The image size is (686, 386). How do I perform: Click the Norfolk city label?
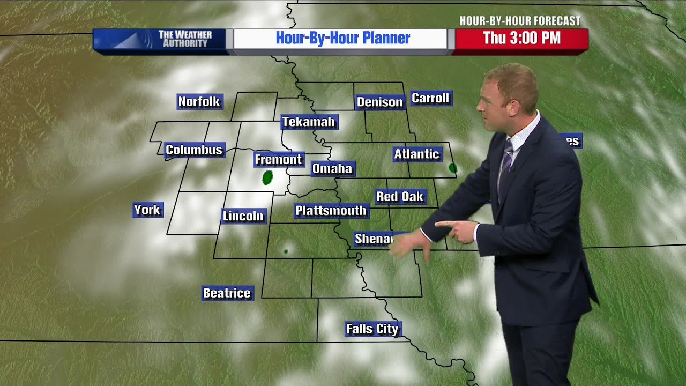click(x=199, y=101)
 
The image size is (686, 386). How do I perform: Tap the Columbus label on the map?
click(x=194, y=150)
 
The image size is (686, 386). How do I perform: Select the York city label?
click(x=147, y=210)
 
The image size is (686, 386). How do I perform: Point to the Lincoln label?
click(x=243, y=216)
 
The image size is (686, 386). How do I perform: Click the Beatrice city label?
click(x=227, y=293)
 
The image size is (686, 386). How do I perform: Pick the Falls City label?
click(x=372, y=329)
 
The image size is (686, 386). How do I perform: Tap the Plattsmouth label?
click(x=331, y=211)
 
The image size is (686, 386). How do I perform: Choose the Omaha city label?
click(x=332, y=169)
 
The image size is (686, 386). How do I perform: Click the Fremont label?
click(x=278, y=159)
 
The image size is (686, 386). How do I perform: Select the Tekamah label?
click(x=309, y=122)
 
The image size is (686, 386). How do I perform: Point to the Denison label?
click(x=379, y=102)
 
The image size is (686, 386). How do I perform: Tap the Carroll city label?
click(x=430, y=98)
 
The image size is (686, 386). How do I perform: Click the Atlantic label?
click(x=416, y=154)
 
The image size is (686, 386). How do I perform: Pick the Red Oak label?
click(x=400, y=197)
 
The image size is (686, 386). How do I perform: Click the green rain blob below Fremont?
click(x=267, y=177)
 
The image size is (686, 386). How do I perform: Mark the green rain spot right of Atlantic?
click(x=453, y=168)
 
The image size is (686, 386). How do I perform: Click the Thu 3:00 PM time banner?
click(x=521, y=39)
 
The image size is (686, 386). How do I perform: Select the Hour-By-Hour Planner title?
click(x=342, y=39)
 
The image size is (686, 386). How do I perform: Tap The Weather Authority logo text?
click(x=185, y=39)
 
